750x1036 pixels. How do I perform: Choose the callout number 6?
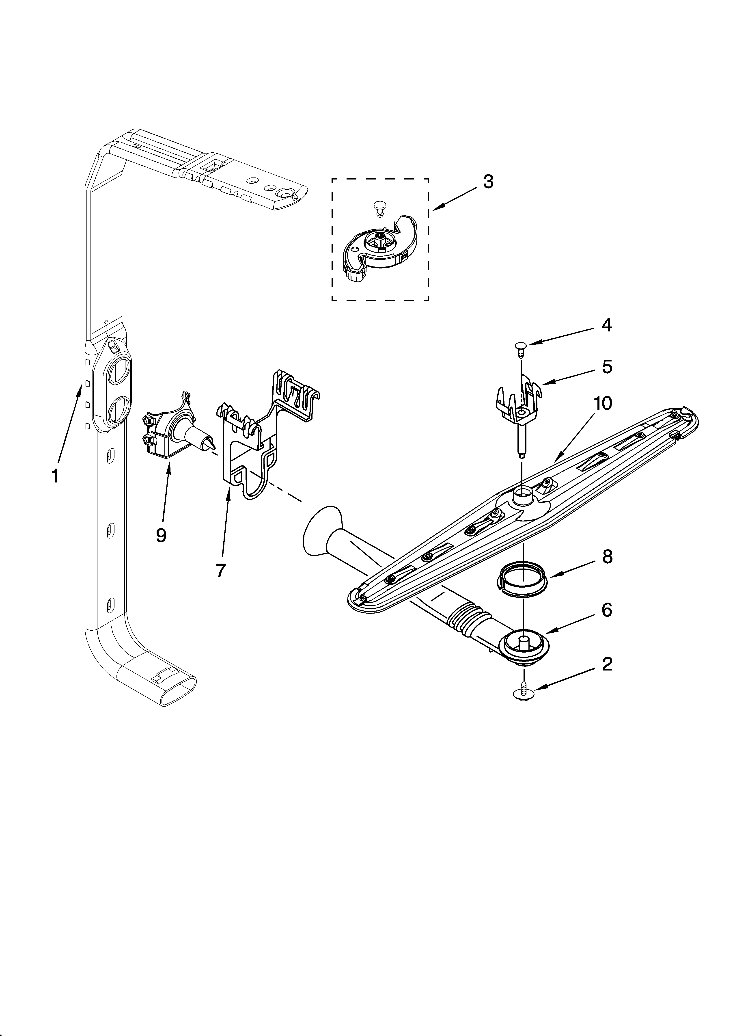tap(607, 610)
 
